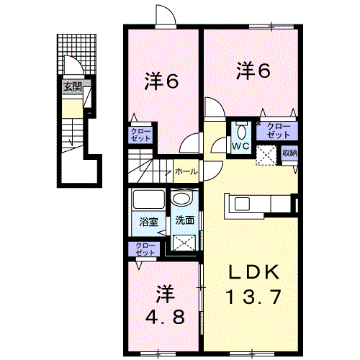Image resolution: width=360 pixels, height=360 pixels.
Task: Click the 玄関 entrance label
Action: tap(73, 87)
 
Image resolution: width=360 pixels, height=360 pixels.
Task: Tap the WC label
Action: tap(240, 146)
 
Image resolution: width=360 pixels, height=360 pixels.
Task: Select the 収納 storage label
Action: tap(290, 153)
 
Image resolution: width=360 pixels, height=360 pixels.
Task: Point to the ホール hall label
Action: tap(186, 171)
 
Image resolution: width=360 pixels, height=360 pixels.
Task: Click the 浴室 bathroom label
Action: tap(149, 222)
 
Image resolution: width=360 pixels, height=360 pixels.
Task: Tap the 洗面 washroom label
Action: tap(184, 220)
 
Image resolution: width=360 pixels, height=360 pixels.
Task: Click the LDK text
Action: tap(254, 272)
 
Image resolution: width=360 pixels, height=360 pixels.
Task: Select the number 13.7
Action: tap(253, 297)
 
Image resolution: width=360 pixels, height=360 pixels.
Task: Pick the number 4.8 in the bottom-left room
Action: tap(166, 317)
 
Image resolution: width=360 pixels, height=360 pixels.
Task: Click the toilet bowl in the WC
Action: tap(241, 132)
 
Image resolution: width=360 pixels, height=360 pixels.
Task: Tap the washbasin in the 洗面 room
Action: tap(183, 199)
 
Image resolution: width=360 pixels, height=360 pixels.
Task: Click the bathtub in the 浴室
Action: tap(149, 199)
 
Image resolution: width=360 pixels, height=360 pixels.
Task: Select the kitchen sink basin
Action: tap(242, 204)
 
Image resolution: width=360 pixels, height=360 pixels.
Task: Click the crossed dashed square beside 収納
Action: tap(266, 156)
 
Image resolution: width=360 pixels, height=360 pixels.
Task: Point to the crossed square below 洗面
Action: tap(184, 243)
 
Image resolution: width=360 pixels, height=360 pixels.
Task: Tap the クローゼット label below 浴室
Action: tap(145, 249)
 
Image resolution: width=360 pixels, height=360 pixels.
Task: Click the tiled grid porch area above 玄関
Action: tap(77, 54)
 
